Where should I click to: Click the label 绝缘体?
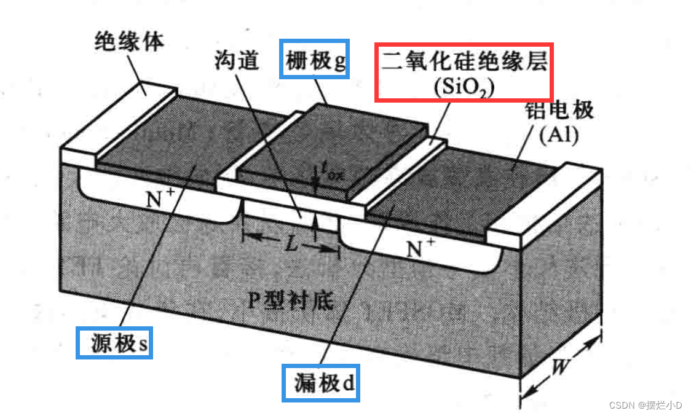[x=129, y=42]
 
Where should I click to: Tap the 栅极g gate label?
[x=315, y=60]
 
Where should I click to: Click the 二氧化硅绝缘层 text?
[x=464, y=61]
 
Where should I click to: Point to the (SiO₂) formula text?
[x=464, y=87]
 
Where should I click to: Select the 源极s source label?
[x=114, y=343]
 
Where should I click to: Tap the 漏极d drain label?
[x=321, y=383]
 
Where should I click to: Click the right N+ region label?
[x=421, y=247]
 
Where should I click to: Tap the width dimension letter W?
[x=559, y=367]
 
